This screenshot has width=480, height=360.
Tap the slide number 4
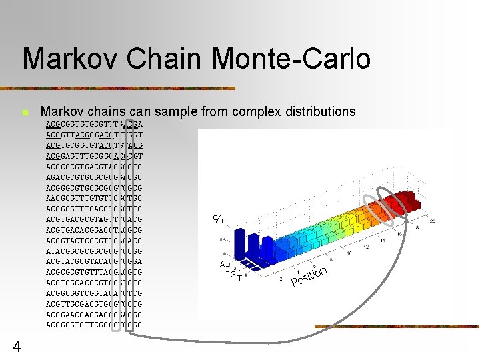tap(17, 346)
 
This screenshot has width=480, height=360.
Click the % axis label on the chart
tap(217, 219)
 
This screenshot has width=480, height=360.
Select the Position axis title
tap(308, 279)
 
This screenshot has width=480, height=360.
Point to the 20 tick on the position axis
tap(432, 221)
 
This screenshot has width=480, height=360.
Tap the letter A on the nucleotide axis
tap(222, 265)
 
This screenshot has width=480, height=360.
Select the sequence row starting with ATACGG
tap(94, 251)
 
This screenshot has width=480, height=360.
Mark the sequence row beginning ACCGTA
tap(94, 240)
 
